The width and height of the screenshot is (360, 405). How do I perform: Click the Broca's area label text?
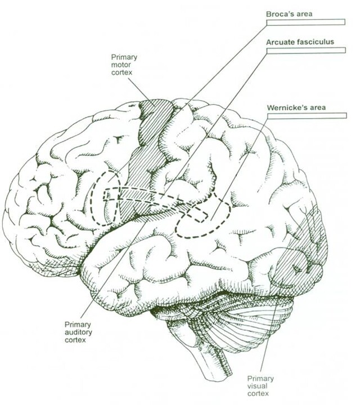[x=289, y=14]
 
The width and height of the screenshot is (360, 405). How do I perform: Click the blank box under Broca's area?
[x=306, y=22]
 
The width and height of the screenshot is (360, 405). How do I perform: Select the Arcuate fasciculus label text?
[x=300, y=42]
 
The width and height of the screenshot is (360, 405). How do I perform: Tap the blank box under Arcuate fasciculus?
[x=306, y=51]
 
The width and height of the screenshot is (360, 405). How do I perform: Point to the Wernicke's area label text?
[x=296, y=107]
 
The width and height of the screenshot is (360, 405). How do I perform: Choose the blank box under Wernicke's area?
[x=307, y=116]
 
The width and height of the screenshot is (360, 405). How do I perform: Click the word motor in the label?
[x=121, y=65]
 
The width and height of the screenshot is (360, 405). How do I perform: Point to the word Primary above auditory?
[x=78, y=325]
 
